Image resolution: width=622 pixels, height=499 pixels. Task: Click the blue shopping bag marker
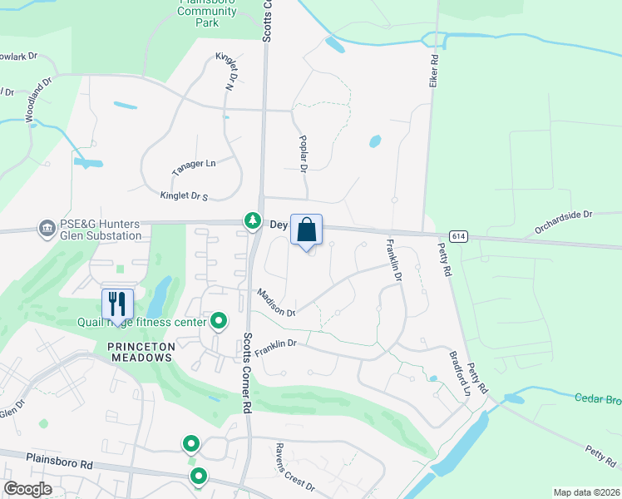click(306, 230)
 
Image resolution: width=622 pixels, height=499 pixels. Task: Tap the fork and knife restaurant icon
click(116, 304)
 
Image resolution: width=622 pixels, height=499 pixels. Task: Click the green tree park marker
click(252, 221)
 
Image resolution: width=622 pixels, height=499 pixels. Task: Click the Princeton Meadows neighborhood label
click(140, 357)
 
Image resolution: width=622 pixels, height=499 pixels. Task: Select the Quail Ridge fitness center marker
click(219, 320)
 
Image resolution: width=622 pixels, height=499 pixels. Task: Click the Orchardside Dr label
click(563, 215)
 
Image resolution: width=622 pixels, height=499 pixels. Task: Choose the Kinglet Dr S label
click(184, 196)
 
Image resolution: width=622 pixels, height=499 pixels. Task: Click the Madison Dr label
click(276, 302)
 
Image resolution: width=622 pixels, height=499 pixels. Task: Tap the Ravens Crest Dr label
click(295, 468)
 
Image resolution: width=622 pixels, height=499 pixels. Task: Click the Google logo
click(28, 489)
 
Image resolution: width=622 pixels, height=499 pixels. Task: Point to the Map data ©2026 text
click(585, 492)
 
